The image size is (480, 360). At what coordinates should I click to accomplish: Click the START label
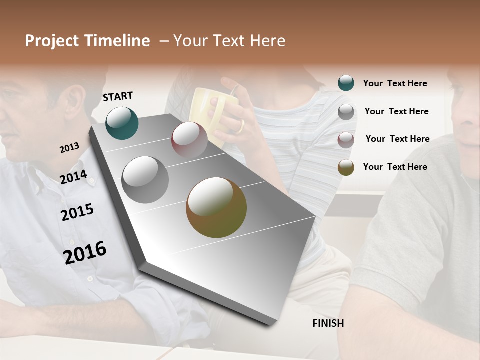[x=118, y=96]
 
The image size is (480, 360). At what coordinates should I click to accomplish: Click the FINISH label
[x=328, y=323]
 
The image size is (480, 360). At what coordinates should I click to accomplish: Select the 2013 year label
[x=69, y=147]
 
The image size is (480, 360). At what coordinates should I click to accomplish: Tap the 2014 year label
[x=73, y=177]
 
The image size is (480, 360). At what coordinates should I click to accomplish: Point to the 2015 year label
[x=77, y=212]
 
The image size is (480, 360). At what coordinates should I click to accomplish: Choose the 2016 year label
[x=85, y=252]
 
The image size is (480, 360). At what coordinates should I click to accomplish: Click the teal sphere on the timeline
[x=122, y=123]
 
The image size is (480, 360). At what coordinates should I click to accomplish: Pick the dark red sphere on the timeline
[x=189, y=140]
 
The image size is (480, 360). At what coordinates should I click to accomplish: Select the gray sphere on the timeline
[x=145, y=180]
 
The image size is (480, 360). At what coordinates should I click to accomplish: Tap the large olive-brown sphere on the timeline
[x=216, y=207]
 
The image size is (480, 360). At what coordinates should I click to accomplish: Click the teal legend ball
[x=346, y=83]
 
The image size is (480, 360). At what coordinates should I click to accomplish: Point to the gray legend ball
[x=346, y=112]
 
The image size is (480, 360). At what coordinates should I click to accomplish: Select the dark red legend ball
[x=346, y=139]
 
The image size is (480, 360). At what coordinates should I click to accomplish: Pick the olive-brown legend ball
[x=346, y=167]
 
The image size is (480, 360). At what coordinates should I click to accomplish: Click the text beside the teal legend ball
[x=395, y=83]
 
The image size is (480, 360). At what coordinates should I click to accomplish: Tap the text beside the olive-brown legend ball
[x=395, y=167]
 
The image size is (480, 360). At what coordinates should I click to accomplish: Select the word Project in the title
[x=51, y=41]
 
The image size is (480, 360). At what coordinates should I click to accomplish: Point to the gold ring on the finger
[x=241, y=126]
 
